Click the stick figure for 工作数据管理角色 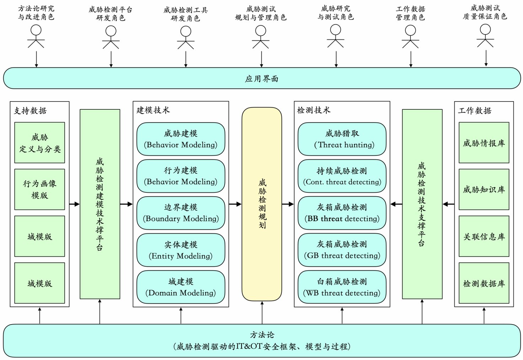410,37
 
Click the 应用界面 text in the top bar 261,79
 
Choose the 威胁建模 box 181,139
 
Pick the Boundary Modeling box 181,213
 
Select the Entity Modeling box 181,250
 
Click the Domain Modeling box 181,287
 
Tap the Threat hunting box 342,139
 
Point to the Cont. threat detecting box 342,176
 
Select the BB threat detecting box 342,213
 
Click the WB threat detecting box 342,287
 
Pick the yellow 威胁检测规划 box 262,204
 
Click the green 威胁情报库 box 484,143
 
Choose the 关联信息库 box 484,236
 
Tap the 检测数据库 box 484,283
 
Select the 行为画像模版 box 39,189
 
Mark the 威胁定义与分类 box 39,143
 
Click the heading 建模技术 153,110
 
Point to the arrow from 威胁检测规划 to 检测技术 288,204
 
